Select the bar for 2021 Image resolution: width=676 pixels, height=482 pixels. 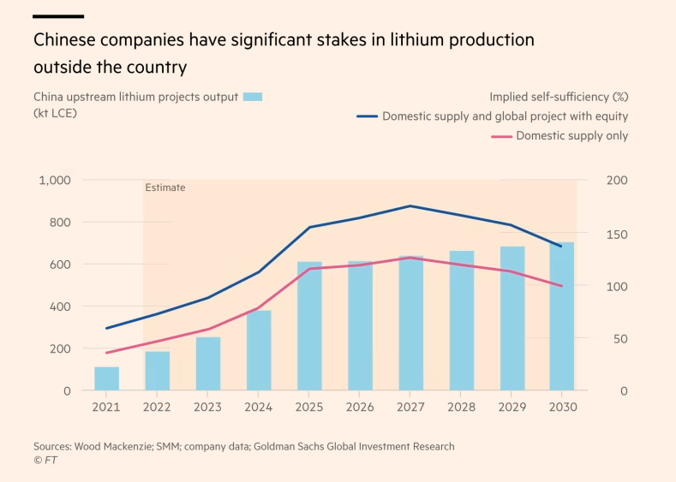pos(106,378)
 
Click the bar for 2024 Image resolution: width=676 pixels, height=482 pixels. pos(259,350)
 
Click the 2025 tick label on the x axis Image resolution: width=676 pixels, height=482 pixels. pos(309,408)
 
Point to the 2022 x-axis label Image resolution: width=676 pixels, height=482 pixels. pos(157,408)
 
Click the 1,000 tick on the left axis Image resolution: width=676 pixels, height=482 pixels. pos(55,181)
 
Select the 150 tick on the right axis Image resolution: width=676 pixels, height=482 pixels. pos(618,234)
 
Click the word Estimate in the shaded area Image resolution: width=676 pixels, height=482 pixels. pos(165,187)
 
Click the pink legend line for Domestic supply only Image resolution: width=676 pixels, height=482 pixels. pos(500,136)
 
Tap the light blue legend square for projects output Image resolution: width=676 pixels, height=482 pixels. pos(252,97)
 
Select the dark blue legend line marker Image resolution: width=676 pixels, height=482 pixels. pos(367,116)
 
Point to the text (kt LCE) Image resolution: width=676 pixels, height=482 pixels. pos(55,113)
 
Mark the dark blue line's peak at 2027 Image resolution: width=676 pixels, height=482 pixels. pos(411,205)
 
